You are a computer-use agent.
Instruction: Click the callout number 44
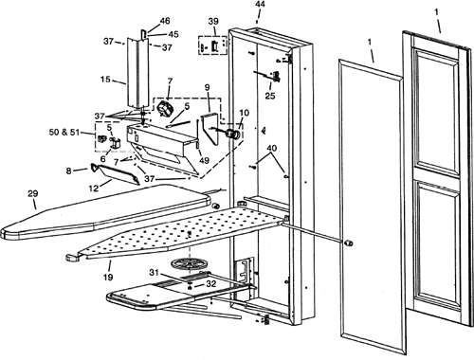tap(261, 5)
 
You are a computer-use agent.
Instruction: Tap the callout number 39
tap(213, 22)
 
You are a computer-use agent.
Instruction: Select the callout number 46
tap(165, 21)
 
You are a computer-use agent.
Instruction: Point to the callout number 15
tap(105, 79)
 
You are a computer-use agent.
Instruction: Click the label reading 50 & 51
tap(64, 132)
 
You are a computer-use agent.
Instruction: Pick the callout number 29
tap(33, 193)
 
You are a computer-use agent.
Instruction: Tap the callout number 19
tap(108, 277)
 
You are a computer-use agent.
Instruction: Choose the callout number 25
tap(270, 96)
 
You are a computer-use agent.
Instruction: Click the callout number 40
tap(272, 148)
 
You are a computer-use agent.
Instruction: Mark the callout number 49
tap(204, 160)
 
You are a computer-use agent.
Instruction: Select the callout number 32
tap(210, 283)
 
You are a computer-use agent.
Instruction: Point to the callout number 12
tap(94, 189)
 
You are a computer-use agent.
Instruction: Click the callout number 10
tap(244, 113)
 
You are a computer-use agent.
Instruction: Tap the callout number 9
tap(208, 87)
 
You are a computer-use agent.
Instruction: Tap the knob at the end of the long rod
tap(348, 243)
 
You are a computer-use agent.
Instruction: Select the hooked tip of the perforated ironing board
tap(72, 258)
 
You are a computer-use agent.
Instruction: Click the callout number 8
tap(69, 171)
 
